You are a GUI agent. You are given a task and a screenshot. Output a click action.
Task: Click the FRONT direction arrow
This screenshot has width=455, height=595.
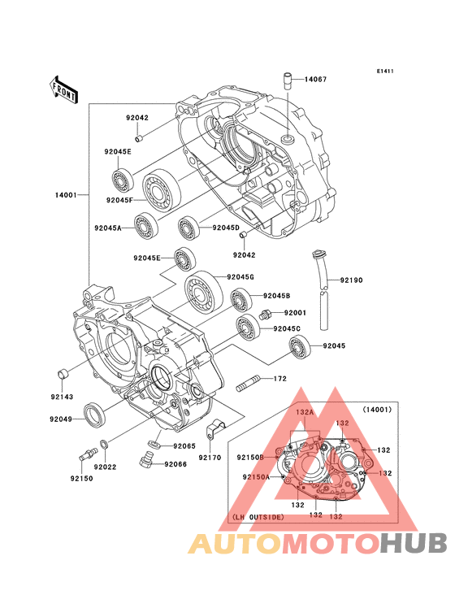point(63,89)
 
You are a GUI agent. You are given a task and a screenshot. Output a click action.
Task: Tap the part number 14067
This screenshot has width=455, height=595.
point(315,80)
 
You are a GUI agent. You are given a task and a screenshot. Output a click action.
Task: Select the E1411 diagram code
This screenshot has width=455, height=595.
point(385,71)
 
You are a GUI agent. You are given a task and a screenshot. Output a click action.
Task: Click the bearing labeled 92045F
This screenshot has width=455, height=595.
point(161,189)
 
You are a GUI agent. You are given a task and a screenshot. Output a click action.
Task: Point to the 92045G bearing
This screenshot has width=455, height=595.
point(204,293)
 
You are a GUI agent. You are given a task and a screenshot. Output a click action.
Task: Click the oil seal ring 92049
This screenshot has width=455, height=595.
point(93,415)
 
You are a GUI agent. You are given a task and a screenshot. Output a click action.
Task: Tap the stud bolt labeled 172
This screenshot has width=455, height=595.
point(248,384)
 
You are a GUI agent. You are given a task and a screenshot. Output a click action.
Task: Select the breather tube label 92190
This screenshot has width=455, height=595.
point(351,280)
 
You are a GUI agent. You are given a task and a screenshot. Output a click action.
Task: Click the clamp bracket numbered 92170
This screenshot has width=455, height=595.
point(215,429)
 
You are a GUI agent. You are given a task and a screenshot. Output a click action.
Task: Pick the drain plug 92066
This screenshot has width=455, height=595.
point(147,458)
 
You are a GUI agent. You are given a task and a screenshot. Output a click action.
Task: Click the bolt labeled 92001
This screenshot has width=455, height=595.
point(265,315)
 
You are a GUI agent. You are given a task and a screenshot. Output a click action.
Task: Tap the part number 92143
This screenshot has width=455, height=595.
point(62,397)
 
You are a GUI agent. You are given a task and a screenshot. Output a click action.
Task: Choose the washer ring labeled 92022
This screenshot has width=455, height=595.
point(104,443)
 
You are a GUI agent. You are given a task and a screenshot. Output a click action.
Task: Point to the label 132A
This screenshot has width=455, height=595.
point(305,412)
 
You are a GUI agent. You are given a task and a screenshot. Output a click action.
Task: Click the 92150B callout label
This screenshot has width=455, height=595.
point(250,458)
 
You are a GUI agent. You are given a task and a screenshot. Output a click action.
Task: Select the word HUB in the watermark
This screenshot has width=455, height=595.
point(414,543)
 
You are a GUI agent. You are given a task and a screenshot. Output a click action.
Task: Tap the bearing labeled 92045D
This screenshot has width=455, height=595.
point(188,228)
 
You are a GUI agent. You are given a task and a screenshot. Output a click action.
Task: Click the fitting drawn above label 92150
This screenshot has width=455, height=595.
point(88,454)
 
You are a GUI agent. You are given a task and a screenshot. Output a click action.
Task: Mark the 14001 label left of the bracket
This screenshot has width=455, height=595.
point(66,195)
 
